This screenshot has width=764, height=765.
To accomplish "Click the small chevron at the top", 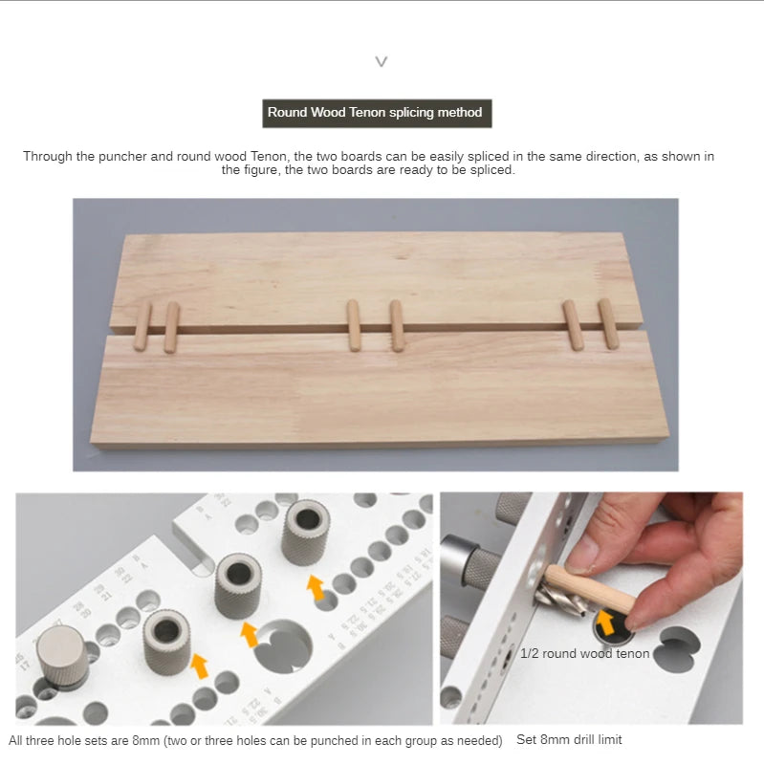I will [382, 62].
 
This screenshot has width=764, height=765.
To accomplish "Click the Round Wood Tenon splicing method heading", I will [376, 113].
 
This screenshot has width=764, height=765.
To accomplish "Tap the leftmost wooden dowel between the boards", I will [142, 326].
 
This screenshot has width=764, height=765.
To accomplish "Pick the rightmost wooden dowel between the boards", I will [607, 323].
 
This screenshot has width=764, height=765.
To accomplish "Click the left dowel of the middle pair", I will [353, 325].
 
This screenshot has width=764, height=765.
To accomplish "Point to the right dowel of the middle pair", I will [396, 325].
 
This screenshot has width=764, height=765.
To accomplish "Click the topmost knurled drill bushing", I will [306, 530].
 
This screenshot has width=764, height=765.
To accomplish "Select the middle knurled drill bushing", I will [238, 584].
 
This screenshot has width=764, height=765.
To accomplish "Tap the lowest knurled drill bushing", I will [166, 639].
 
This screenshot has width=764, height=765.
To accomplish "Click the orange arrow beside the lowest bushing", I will [199, 666].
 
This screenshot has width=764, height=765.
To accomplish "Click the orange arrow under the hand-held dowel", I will [605, 623].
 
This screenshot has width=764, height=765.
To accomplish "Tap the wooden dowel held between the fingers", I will [593, 589].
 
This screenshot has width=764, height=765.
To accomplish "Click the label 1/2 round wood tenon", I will [584, 654].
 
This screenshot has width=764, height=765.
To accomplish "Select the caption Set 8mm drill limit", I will [569, 739].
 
